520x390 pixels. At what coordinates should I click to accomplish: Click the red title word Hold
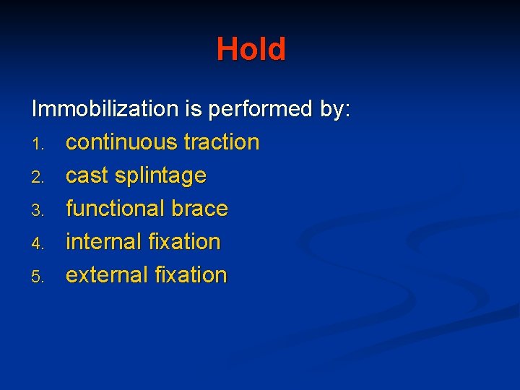251,49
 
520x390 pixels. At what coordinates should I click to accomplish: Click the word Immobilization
104,109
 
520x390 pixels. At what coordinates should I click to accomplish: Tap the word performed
262,109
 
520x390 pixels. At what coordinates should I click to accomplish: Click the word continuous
121,142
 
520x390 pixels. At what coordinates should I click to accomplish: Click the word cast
87,175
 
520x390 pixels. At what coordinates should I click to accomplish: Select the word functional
116,209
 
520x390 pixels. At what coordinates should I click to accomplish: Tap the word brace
199,209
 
